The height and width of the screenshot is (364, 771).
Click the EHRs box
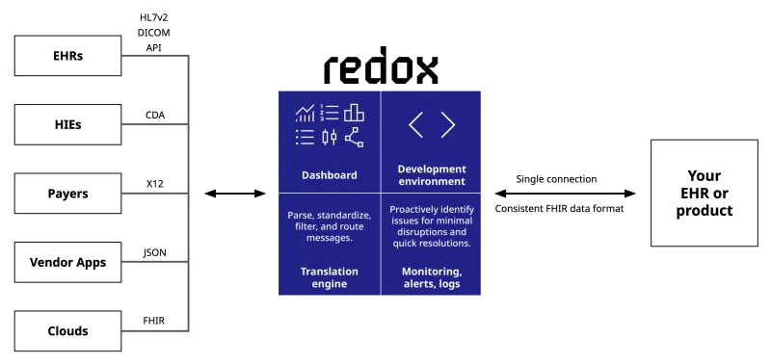(67, 56)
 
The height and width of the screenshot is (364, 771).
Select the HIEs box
(67, 124)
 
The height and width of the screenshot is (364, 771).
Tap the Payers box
(67, 194)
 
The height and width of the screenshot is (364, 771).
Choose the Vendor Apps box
(67, 262)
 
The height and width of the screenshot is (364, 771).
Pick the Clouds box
(67, 331)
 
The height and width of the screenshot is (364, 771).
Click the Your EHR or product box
(705, 193)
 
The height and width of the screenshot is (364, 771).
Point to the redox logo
(382, 68)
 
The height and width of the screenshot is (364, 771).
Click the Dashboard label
(329, 175)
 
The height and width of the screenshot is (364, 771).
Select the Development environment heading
(432, 175)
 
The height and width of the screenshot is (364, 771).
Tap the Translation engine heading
(329, 278)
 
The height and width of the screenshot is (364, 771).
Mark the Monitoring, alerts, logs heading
(432, 278)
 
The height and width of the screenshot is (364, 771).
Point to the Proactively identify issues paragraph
(432, 226)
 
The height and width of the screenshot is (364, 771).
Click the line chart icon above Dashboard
(306, 114)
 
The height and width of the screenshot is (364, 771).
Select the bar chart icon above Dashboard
(355, 113)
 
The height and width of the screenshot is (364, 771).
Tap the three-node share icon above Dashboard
(355, 137)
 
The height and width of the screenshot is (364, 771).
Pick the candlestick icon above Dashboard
(330, 137)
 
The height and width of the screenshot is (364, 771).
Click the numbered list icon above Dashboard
(330, 113)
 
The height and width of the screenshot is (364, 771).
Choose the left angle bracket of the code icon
(415, 124)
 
